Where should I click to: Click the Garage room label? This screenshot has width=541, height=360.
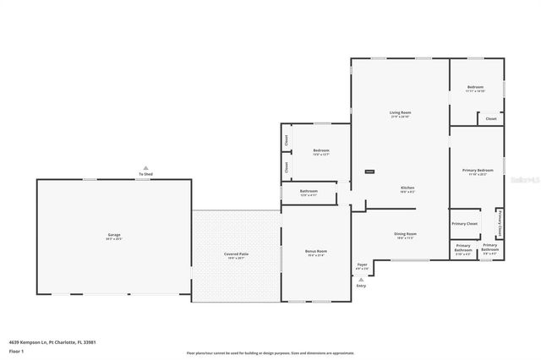pos(113,234)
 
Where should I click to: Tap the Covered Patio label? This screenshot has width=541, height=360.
pos(236,253)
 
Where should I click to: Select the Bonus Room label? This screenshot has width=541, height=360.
pos(315,251)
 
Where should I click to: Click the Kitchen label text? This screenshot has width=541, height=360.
pos(407,187)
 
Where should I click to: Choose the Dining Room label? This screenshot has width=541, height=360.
pos(405,234)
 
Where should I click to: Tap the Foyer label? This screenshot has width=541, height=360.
pos(362,265)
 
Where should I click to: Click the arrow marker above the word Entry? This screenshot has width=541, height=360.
pos(362,278)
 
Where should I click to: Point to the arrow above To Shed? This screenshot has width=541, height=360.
pos(146,167)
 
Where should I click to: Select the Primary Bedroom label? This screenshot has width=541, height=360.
pos(478,171)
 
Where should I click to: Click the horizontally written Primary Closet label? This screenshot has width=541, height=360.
pos(464,223)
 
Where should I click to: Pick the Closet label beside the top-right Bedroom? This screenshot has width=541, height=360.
pos(491,119)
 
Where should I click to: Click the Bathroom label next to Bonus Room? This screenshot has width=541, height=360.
pos(309,191)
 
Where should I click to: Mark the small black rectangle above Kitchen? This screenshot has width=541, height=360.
pos(369,172)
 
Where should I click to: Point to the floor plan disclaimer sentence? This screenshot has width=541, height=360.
pos(270,353)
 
